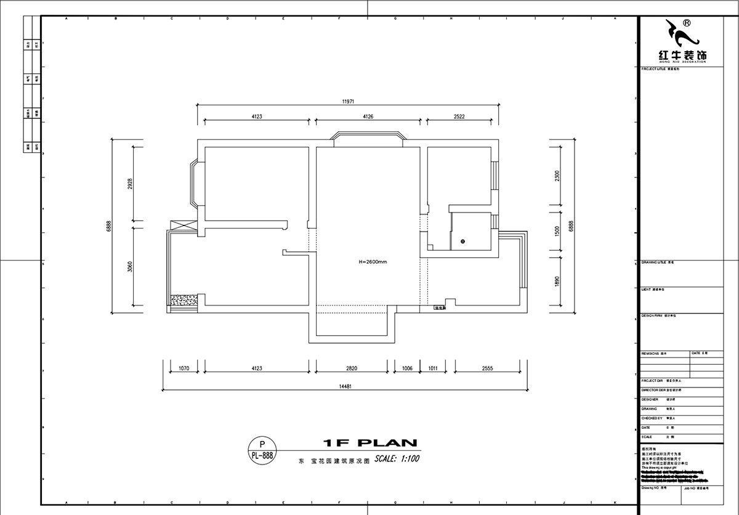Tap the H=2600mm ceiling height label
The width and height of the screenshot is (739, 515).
pos(373,261)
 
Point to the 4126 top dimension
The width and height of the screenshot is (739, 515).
pos(368,116)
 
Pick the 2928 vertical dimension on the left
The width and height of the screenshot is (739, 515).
pos(131,185)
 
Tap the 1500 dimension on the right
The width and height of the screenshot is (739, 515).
pos(557,232)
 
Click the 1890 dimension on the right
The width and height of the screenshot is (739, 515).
pos(557,281)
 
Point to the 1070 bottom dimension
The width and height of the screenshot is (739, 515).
pos(183,368)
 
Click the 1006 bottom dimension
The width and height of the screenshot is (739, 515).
pos(406,368)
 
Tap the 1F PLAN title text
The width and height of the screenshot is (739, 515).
pos(370,442)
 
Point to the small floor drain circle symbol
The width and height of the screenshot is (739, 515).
pos(462,241)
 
